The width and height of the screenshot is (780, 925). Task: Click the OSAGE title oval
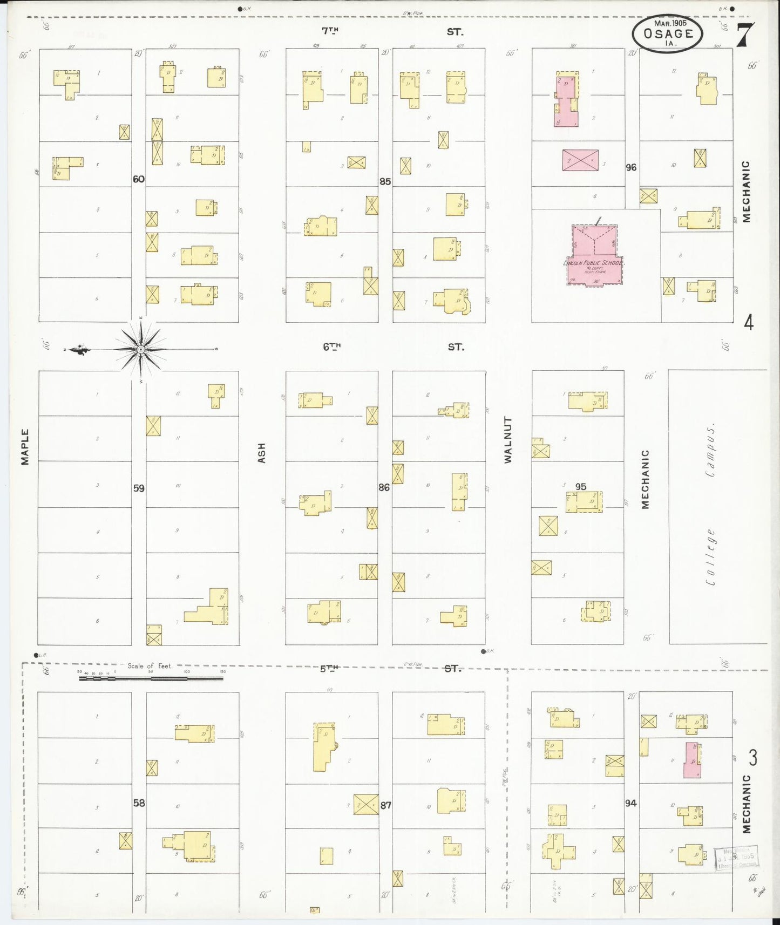[x=668, y=33]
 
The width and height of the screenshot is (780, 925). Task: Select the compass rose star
[x=140, y=349]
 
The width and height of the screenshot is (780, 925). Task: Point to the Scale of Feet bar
[x=151, y=678]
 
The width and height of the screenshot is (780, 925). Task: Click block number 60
[x=139, y=179]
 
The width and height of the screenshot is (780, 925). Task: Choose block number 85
[x=385, y=182]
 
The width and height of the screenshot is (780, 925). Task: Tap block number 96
[x=631, y=168]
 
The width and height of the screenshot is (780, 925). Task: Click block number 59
[x=139, y=488]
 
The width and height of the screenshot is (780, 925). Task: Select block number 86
[x=384, y=487]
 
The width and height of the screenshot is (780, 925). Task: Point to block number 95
[x=580, y=487]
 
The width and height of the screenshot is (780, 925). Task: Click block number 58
[x=139, y=803]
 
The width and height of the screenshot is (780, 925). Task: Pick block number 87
[x=385, y=805]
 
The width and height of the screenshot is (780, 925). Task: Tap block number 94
[x=630, y=804]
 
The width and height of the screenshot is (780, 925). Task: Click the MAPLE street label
[x=25, y=447]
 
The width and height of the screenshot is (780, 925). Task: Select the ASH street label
[x=262, y=453]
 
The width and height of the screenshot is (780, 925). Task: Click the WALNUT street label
[x=507, y=439]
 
